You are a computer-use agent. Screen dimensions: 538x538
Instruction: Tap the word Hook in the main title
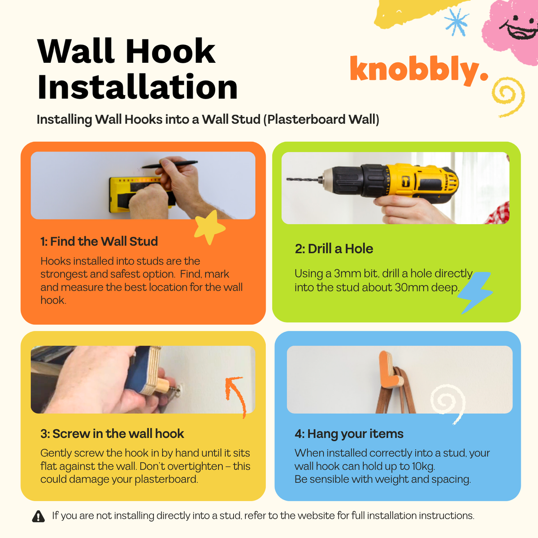(170, 52)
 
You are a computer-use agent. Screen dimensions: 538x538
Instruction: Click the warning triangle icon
(39, 516)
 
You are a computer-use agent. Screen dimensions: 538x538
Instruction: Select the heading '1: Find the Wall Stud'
(99, 242)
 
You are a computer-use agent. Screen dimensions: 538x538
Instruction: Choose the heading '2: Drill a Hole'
(334, 249)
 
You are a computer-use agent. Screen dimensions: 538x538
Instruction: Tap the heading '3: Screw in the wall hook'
(112, 434)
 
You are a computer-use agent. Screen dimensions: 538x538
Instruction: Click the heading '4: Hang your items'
(349, 434)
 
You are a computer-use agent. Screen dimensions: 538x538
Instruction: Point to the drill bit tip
(288, 179)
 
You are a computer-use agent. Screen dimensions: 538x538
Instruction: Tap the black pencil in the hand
(170, 165)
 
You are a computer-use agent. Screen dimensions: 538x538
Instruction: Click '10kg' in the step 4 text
(423, 466)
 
